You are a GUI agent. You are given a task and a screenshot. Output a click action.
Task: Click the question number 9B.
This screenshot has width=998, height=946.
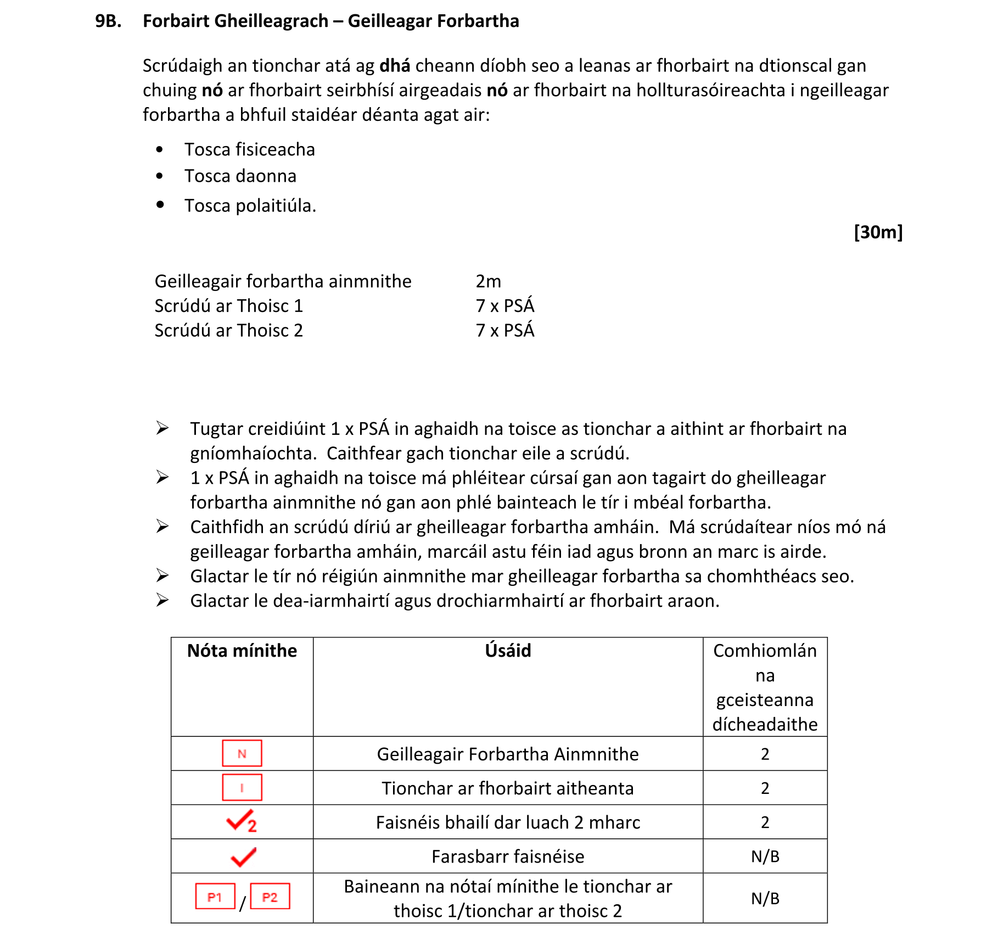coord(108,21)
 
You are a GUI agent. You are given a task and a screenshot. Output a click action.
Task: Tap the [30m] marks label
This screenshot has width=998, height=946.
coord(877,232)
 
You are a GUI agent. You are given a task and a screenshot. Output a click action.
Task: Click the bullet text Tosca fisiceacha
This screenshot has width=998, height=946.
coord(249,149)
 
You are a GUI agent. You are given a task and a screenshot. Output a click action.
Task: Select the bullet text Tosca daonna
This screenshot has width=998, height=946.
coord(240,176)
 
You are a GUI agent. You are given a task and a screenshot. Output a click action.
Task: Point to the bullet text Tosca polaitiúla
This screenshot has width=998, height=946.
coord(250,205)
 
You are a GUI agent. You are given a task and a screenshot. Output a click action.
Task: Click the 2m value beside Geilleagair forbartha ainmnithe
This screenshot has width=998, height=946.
coord(488,281)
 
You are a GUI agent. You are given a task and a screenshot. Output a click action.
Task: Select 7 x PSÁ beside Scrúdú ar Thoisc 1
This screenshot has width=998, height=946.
coord(504,306)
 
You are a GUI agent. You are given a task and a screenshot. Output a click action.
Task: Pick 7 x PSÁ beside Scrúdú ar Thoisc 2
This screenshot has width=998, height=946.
coord(504,331)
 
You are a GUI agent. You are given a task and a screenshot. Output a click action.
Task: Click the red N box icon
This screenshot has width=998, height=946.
coord(242,753)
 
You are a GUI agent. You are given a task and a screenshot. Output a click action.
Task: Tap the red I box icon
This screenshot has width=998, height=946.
coord(242,787)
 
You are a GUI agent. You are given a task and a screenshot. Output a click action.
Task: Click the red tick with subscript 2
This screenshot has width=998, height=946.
coord(242,821)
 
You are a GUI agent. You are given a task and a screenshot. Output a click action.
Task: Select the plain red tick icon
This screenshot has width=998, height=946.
coord(243,856)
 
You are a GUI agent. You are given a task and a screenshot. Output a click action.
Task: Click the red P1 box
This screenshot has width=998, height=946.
coord(215,897)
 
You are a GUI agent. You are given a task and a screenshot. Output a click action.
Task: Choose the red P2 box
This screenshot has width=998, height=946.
coord(270,897)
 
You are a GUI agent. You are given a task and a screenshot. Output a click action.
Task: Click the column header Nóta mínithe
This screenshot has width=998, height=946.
coord(242,651)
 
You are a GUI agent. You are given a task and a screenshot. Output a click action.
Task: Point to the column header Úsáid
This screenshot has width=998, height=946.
coord(508,651)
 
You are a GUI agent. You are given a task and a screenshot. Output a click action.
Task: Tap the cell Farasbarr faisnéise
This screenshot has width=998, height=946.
coord(508,857)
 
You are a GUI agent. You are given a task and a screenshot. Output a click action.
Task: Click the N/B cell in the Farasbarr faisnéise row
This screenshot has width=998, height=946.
coord(765,857)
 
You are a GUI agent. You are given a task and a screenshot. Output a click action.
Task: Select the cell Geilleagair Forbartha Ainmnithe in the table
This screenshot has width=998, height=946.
coord(508,754)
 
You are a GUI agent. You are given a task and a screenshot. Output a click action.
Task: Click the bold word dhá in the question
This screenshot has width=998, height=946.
coord(395,65)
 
